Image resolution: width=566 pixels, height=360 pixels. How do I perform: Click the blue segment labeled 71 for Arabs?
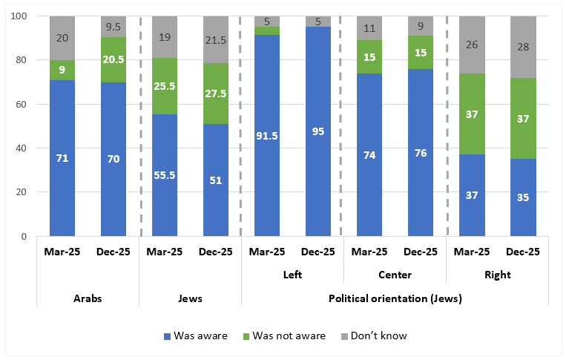(x=62, y=157)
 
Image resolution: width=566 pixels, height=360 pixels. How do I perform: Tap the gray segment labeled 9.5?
(x=113, y=27)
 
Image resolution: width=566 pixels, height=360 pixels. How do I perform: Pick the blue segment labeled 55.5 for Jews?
(x=165, y=175)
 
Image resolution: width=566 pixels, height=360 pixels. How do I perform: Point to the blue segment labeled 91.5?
(x=267, y=136)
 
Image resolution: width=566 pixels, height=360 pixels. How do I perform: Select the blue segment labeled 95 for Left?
(x=318, y=131)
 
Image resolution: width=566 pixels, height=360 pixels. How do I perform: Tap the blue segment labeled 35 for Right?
(x=523, y=197)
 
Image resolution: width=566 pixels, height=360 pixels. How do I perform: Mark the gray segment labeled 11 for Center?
(x=369, y=28)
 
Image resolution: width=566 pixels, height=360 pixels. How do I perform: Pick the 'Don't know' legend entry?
(x=375, y=336)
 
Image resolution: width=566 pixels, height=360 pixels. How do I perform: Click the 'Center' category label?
(x=395, y=275)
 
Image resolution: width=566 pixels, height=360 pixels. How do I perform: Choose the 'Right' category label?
(x=497, y=275)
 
